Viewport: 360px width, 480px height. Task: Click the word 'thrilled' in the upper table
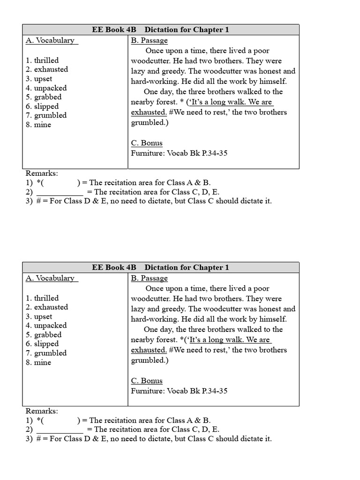tap(46, 60)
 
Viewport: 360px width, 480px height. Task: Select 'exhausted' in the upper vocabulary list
tap(51, 69)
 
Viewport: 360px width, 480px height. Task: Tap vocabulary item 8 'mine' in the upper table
tap(42, 125)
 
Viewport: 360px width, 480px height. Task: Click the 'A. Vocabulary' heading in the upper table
tap(51, 40)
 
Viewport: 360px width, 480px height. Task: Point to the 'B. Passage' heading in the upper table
tap(149, 40)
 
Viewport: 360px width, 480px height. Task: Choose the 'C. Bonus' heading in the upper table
tap(147, 143)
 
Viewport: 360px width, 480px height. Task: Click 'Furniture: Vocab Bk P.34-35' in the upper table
tap(179, 153)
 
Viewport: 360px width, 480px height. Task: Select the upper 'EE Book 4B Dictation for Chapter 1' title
tap(160, 30)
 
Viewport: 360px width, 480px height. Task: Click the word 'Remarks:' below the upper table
tap(42, 173)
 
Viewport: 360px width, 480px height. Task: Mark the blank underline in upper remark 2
tap(60, 192)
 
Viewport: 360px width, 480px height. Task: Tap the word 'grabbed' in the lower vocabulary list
tap(48, 335)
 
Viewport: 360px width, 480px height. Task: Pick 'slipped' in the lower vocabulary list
tap(46, 344)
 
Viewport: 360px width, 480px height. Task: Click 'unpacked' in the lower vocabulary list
tap(50, 325)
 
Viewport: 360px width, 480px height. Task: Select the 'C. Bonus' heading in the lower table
tap(147, 381)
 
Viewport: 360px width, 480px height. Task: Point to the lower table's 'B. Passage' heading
tap(149, 278)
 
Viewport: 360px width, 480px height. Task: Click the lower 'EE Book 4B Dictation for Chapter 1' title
tap(160, 268)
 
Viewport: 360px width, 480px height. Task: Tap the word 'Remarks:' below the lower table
tap(42, 411)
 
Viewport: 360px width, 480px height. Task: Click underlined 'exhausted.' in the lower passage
tap(149, 350)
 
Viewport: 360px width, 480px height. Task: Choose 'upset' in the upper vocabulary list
tap(43, 79)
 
